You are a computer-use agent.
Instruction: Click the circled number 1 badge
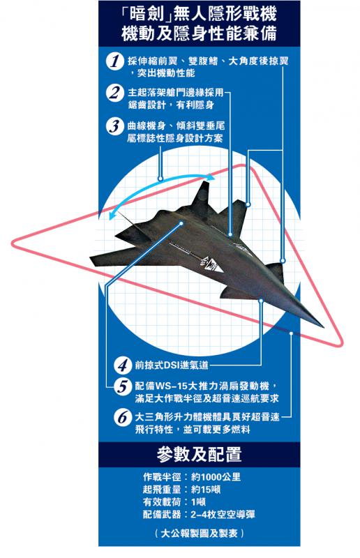point(114,61)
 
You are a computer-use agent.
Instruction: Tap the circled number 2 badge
point(114,93)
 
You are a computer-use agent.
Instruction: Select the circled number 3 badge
point(114,126)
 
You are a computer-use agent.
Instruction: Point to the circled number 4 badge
point(123,365)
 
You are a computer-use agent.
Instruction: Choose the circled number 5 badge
point(123,386)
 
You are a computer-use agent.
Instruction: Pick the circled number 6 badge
point(123,417)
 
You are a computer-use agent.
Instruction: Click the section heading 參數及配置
point(199,455)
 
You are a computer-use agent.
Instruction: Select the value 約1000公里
point(216,477)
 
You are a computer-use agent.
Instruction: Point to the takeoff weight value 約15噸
point(206,490)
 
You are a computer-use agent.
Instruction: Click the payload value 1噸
point(198,502)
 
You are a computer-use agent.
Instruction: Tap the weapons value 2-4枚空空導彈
point(223,515)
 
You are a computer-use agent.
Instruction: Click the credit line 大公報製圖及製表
point(199,533)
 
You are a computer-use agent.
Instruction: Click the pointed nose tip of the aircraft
point(322,326)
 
